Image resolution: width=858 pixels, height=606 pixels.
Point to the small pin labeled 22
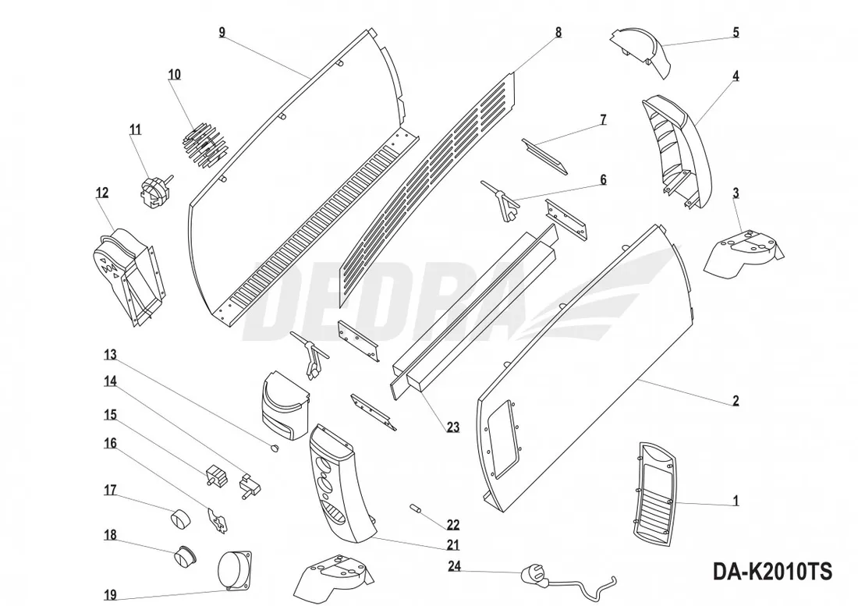(416, 509)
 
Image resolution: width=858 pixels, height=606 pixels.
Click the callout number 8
(558, 33)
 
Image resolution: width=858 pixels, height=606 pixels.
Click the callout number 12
(103, 193)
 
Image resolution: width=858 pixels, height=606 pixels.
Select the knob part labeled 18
(184, 555)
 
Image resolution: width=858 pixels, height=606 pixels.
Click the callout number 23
(453, 427)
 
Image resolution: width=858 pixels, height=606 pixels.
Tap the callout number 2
(735, 402)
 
